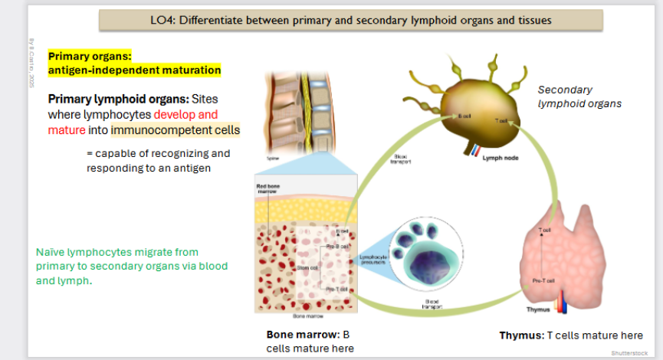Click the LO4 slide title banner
pyautogui.click(x=351, y=20)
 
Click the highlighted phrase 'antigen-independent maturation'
pyautogui.click(x=134, y=70)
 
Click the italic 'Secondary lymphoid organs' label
pyautogui.click(x=579, y=97)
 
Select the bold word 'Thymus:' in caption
pyautogui.click(x=520, y=335)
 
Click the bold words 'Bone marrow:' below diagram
pyautogui.click(x=299, y=335)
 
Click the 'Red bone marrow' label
pyautogui.click(x=267, y=188)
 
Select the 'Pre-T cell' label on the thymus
pyautogui.click(x=543, y=281)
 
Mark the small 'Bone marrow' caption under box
pyautogui.click(x=301, y=316)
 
